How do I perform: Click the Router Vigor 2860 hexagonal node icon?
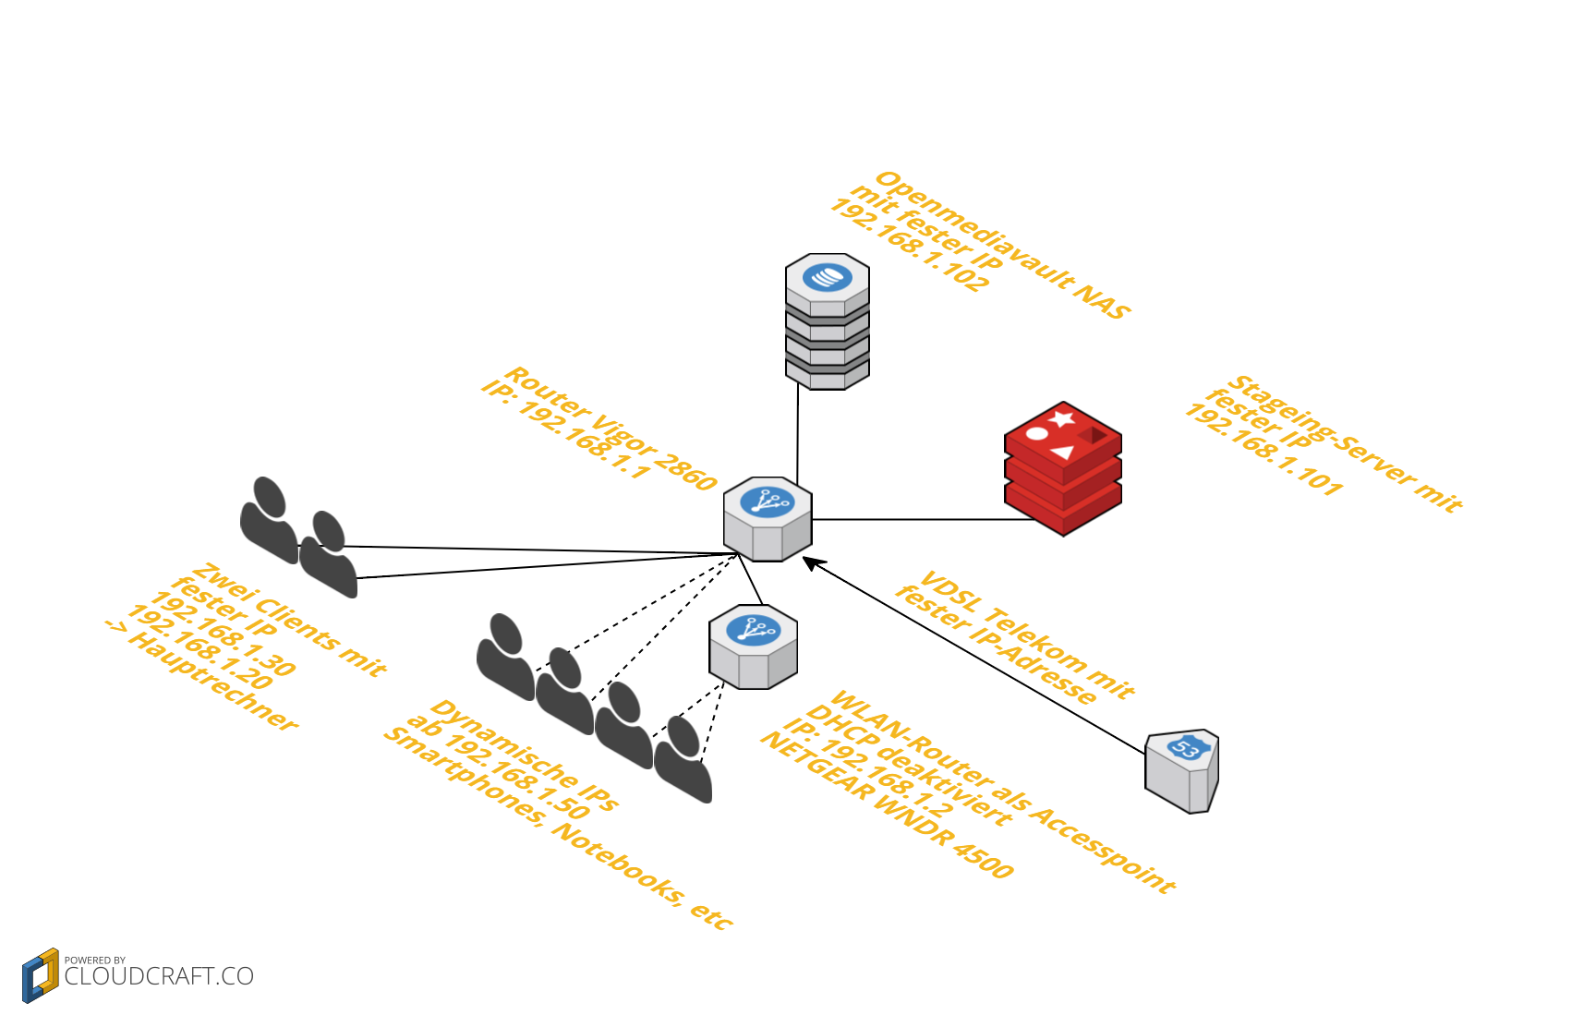[768, 519]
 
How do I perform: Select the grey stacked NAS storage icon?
[828, 321]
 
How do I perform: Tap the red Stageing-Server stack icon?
[1063, 468]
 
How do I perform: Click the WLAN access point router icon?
[753, 646]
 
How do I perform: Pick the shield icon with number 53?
[1182, 771]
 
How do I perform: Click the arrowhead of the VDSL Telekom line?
[811, 562]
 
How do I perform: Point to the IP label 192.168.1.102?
[910, 245]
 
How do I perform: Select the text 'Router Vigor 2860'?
[611, 428]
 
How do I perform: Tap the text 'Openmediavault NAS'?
[1003, 245]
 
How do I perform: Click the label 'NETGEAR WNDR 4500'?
[887, 804]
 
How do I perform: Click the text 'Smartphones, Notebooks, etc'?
[559, 828]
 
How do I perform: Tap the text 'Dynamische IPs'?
[525, 755]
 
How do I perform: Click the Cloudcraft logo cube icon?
[41, 975]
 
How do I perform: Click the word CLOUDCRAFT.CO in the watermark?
[159, 976]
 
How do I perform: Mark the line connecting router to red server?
[924, 520]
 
